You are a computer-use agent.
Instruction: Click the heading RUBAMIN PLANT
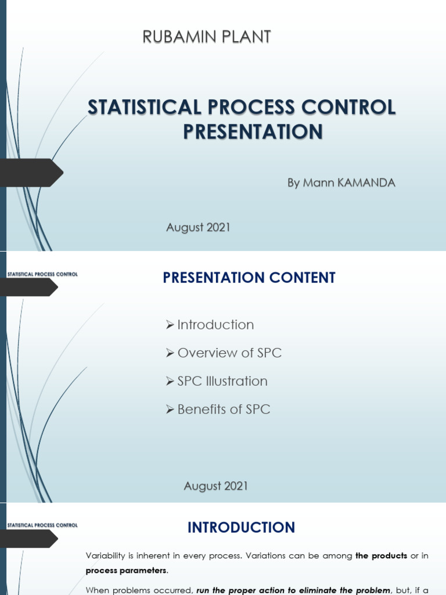(207, 37)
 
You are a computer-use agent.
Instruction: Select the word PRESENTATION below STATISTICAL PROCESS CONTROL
(253, 132)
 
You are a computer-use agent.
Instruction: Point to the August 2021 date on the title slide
(198, 228)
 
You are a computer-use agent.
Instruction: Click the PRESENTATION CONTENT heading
(249, 278)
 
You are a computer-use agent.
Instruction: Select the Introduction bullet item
(215, 325)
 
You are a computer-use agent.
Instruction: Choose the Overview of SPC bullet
(229, 353)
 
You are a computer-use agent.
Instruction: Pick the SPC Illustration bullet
(222, 381)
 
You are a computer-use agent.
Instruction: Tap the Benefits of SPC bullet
(224, 409)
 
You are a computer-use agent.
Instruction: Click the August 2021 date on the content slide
(216, 486)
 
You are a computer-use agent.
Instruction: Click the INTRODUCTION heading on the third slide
(241, 528)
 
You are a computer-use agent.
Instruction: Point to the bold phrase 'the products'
(381, 555)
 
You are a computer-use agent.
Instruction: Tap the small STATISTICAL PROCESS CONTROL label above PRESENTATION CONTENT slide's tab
(41, 274)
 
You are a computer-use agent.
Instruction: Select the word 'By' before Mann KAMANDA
(293, 183)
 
